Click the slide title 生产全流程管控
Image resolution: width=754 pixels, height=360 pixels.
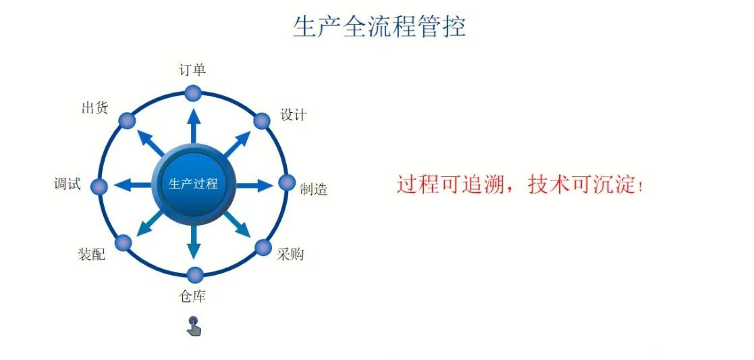click(379, 26)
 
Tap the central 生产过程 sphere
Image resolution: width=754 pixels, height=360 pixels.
click(193, 184)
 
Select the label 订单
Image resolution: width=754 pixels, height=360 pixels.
click(192, 70)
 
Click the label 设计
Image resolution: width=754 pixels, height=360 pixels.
click(294, 115)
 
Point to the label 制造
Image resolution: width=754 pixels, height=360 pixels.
click(313, 189)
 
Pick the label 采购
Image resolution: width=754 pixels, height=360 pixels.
click(290, 254)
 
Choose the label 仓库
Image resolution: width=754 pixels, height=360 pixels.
click(192, 297)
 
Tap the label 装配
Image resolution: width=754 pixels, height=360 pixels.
click(91, 254)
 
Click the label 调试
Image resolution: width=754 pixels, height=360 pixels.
click(67, 184)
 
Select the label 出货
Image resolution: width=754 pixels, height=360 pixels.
click(95, 108)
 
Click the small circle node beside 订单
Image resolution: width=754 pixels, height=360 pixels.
click(193, 93)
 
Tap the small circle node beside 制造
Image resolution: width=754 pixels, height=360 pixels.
click(287, 183)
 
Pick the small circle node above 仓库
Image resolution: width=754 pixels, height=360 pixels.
click(194, 275)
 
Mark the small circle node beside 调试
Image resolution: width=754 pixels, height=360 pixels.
click(99, 186)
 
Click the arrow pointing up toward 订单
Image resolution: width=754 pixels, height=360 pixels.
click(194, 126)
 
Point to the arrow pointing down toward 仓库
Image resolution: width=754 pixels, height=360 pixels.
click(194, 242)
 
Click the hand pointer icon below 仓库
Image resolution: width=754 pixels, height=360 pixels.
click(194, 326)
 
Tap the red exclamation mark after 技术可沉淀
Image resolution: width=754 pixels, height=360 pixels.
click(639, 186)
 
